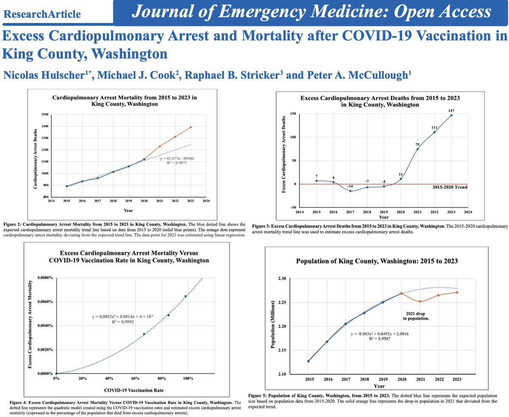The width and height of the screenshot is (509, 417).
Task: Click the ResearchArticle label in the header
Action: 42,14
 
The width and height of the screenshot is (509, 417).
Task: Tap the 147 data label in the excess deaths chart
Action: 451,110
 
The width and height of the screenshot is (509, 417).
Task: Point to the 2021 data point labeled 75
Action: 418,149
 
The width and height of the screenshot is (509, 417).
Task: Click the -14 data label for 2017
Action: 350,186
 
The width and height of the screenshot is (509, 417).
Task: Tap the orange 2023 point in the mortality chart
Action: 191,127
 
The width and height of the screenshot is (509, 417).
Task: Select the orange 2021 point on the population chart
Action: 420,302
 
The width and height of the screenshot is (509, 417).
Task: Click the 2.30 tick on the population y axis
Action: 282,279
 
